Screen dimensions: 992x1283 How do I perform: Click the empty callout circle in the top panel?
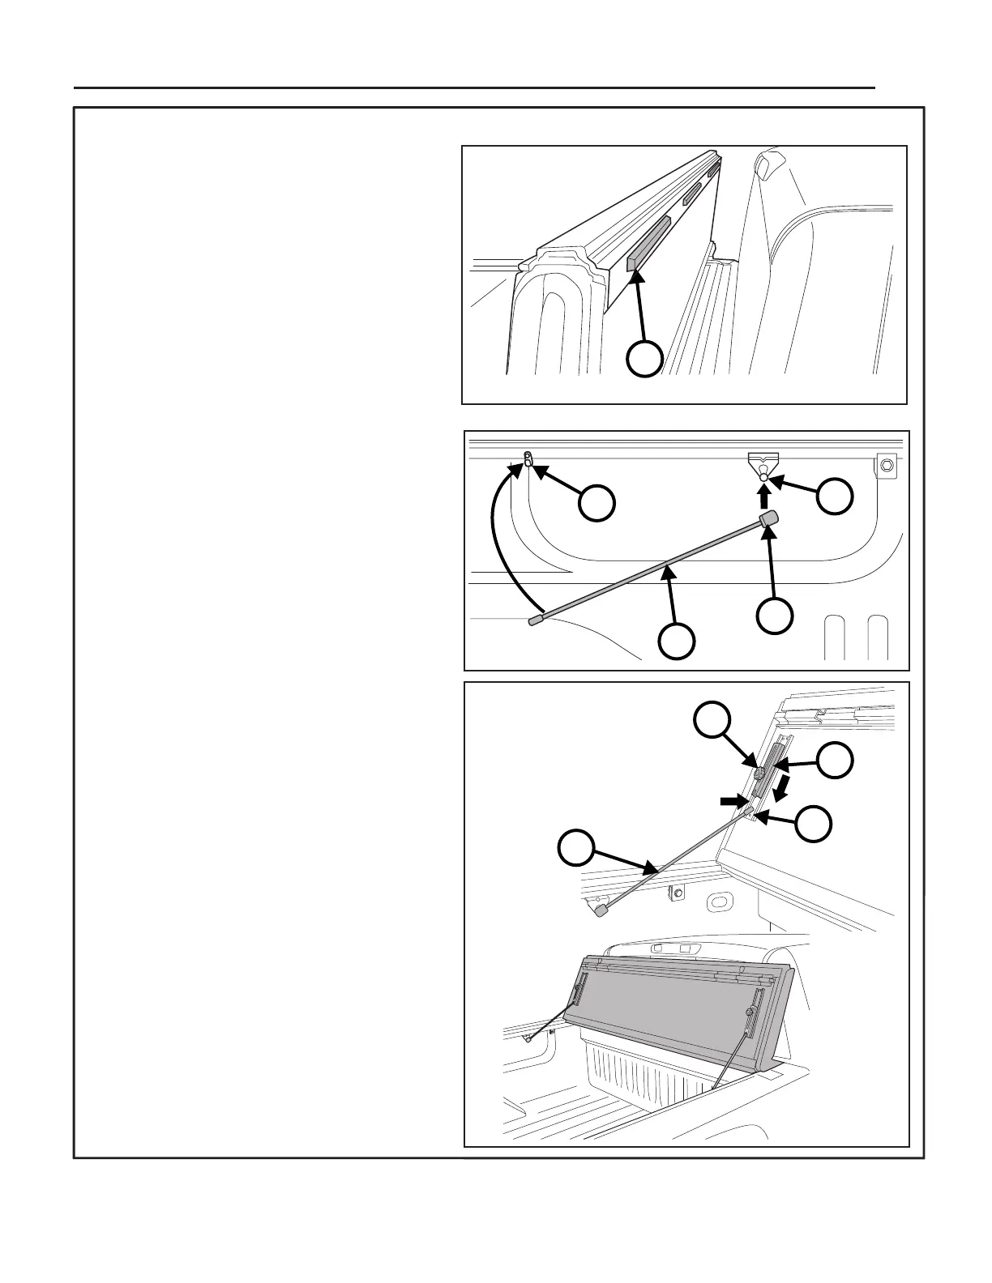(x=645, y=359)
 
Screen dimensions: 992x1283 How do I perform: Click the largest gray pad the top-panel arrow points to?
(x=648, y=244)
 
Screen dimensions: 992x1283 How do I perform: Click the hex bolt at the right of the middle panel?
(x=886, y=466)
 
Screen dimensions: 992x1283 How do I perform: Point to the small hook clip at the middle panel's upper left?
(x=528, y=459)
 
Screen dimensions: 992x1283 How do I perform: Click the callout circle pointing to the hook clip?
(x=596, y=503)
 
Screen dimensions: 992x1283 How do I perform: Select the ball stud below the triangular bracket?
(x=763, y=477)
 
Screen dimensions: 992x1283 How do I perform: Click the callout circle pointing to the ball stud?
(x=836, y=496)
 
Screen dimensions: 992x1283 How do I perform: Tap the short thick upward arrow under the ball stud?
(x=763, y=496)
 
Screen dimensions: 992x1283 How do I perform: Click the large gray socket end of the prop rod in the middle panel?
(x=768, y=518)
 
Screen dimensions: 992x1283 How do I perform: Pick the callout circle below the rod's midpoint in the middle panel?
(x=676, y=640)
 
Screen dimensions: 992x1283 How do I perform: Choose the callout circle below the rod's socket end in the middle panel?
(x=774, y=616)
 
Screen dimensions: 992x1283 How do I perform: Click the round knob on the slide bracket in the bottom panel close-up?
(x=761, y=774)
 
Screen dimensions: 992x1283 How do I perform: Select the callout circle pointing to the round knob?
(x=713, y=719)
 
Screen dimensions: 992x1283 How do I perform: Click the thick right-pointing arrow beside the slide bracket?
(x=732, y=800)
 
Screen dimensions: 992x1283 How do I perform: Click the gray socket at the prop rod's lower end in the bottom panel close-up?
(x=601, y=911)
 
